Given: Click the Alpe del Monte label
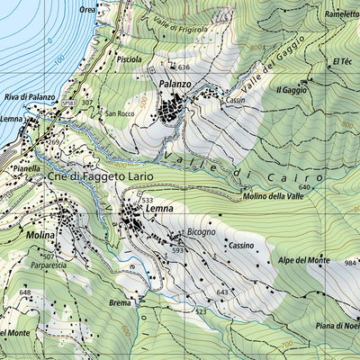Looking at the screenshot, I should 303,260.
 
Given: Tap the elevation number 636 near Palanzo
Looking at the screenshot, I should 184,67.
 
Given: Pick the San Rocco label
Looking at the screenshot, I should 120,114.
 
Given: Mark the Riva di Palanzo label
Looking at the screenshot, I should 30,96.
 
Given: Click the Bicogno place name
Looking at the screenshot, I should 201,232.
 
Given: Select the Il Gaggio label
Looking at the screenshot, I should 292,90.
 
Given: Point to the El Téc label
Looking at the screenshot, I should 341,61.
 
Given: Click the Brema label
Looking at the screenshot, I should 120,303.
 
